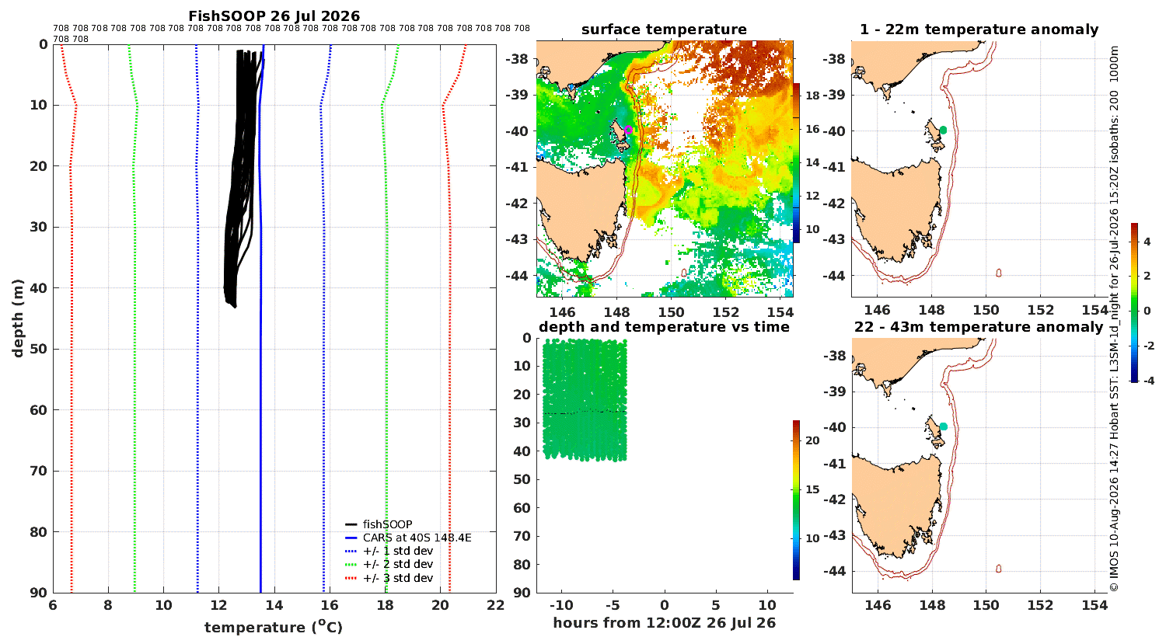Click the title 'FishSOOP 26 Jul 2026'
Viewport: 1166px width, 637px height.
point(274,16)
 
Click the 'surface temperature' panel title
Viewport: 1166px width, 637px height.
point(664,30)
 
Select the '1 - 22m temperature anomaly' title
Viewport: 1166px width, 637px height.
point(979,30)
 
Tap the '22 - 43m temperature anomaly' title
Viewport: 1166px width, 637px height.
point(979,326)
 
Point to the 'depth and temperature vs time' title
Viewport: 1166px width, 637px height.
point(664,326)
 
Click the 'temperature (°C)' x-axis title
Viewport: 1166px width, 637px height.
point(274,627)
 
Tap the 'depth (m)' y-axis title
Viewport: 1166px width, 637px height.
point(18,318)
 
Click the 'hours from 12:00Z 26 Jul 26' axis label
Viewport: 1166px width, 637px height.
point(664,623)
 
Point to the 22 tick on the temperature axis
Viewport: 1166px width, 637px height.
point(496,605)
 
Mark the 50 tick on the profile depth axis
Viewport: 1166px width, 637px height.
point(40,349)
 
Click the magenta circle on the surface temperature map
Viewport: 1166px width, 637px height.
point(628,130)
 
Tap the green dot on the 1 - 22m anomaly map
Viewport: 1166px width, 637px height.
point(943,130)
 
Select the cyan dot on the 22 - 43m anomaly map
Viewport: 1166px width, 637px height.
point(943,426)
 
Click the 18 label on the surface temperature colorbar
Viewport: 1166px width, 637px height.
point(812,95)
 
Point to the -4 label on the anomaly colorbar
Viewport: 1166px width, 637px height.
point(1148,381)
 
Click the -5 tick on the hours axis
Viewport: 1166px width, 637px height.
point(613,605)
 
